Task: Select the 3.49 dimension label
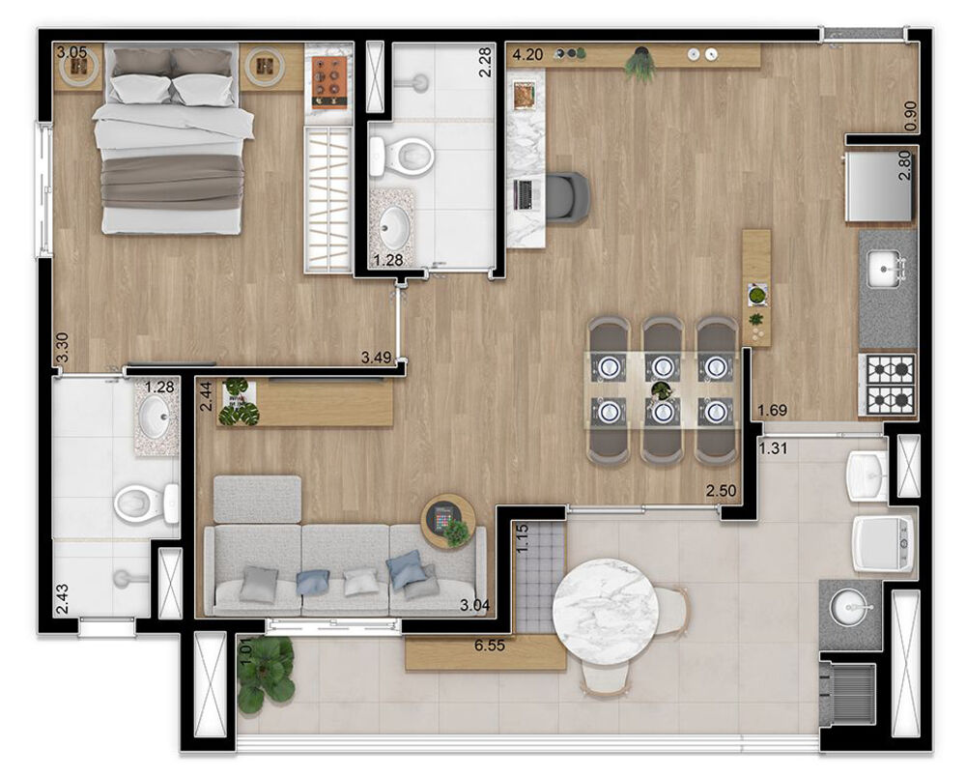(x=375, y=358)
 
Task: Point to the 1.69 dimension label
(x=773, y=410)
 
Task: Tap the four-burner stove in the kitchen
(x=887, y=385)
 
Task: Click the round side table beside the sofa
(x=448, y=522)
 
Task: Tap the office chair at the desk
(x=567, y=197)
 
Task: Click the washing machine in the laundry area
(x=882, y=544)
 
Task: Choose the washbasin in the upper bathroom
(x=394, y=228)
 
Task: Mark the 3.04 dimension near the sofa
(x=473, y=607)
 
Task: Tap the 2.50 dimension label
(x=721, y=491)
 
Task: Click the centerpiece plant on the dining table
(x=661, y=390)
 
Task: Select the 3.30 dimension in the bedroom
(x=62, y=348)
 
